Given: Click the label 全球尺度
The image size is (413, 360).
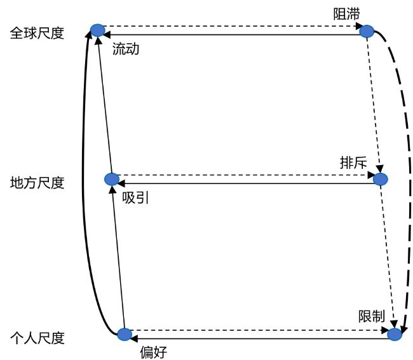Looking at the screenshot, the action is point(37,34).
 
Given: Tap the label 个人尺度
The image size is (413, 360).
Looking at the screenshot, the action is point(37,338).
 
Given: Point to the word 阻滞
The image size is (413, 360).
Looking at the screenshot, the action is point(346,14).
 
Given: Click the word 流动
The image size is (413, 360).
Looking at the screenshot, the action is point(126,49).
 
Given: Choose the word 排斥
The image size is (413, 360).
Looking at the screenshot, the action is point(353,163).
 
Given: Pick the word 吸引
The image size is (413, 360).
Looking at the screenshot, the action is point(135,197).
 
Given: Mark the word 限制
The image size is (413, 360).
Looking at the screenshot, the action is point(372,316).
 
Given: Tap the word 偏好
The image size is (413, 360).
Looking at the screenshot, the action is point(154,352).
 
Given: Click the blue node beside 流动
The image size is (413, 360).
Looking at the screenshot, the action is point(98,30).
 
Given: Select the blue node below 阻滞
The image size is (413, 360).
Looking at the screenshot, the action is point(367,32).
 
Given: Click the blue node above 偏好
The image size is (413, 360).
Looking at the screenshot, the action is point(125,335).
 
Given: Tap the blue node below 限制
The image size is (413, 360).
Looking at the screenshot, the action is point(395,335).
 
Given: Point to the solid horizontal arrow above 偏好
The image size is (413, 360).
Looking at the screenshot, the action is point(261,338).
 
